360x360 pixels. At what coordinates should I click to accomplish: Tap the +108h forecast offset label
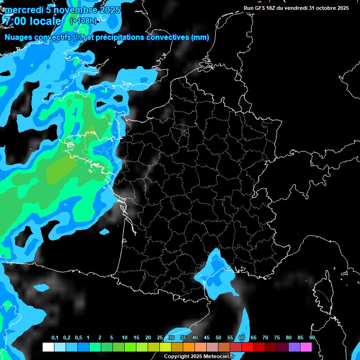coord(83,21)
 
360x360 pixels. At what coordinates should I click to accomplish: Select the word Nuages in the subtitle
coord(18,37)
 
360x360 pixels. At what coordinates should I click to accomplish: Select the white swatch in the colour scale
coord(48,347)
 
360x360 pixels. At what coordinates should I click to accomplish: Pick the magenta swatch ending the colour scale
coord(306,347)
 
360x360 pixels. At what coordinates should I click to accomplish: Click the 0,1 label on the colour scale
coord(54,338)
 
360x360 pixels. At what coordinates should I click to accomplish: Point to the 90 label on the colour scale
coord(312,338)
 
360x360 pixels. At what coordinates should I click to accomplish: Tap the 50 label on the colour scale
coord(218,338)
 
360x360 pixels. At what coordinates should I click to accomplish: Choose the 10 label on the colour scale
coord(124,338)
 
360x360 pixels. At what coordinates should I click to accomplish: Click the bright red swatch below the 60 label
coord(247,347)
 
